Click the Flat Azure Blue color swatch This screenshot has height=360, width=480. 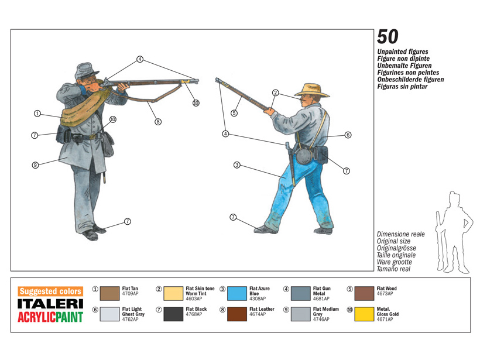click(236, 294)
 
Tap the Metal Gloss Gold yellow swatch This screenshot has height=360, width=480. click(364, 314)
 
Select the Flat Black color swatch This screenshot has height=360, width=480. click(173, 314)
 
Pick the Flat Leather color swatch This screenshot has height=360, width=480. click(236, 314)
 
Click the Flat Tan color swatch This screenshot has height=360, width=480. click(109, 294)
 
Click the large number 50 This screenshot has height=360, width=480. click(388, 37)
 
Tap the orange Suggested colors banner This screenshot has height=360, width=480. click(50, 291)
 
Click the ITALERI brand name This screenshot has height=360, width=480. click(50, 304)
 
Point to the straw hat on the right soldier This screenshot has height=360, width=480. click(311, 91)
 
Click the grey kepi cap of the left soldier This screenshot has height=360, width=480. click(86, 71)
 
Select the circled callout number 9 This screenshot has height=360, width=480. click(36, 165)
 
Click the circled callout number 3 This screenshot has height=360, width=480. click(236, 165)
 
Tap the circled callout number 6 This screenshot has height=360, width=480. click(348, 135)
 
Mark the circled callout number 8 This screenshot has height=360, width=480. click(158, 122)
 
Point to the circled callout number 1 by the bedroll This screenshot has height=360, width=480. click(37, 114)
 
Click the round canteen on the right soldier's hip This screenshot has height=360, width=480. click(303, 156)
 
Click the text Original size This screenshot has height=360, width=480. click(393, 241)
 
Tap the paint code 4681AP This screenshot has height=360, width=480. click(321, 299)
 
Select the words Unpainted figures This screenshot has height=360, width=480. click(403, 52)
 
